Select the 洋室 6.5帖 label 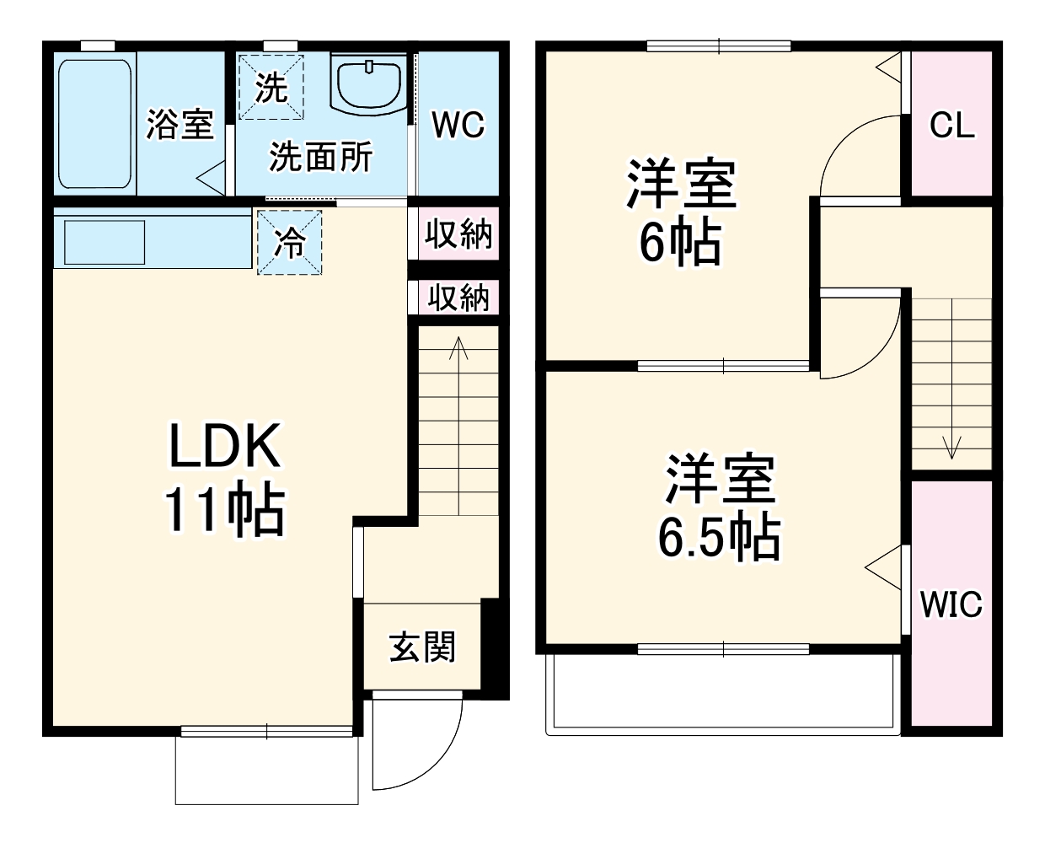(x=719, y=507)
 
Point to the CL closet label (x=951, y=125)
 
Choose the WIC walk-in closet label (x=951, y=604)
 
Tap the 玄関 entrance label (x=422, y=647)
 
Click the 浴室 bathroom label (x=180, y=125)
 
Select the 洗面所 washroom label (x=321, y=157)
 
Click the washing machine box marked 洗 (x=271, y=87)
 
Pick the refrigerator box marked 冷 (x=290, y=242)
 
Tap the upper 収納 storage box (x=458, y=234)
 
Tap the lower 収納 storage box (x=458, y=297)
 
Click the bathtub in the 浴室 (x=95, y=123)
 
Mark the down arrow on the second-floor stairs (x=952, y=447)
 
